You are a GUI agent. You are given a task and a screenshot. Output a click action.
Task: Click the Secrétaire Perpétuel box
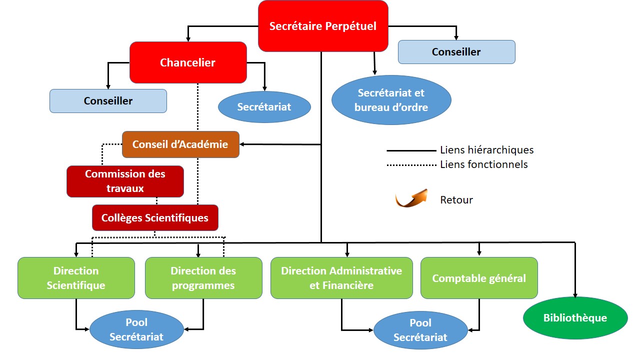[x=323, y=26]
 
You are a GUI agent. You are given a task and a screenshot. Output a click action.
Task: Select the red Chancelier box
[x=188, y=62]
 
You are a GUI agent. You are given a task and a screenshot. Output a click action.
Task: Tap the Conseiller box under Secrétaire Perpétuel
[x=456, y=52]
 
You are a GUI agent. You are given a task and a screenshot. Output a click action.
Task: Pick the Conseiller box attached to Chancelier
[x=108, y=101]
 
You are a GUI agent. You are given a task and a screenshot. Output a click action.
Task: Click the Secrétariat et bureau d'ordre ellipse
[x=391, y=100]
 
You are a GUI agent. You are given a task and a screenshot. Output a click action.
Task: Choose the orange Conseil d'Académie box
[x=180, y=144]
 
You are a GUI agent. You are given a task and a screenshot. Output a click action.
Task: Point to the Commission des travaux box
[x=125, y=181]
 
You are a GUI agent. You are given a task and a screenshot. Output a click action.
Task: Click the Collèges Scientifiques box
[x=155, y=217]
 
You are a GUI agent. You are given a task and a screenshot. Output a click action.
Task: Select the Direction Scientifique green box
[x=76, y=278]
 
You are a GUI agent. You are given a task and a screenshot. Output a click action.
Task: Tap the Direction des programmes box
[x=203, y=278]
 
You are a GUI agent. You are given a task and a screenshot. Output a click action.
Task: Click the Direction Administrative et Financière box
[x=341, y=278]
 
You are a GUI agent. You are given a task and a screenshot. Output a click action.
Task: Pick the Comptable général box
[x=479, y=278]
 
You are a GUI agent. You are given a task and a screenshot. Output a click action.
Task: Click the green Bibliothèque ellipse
[x=575, y=318]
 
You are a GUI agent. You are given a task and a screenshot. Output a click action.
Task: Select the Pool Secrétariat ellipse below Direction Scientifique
[x=136, y=329]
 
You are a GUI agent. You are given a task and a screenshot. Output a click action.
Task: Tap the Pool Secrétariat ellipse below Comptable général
[x=420, y=330]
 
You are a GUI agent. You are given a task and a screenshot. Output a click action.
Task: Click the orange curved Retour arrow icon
[x=411, y=198]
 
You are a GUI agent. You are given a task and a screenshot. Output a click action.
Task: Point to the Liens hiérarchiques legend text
[x=487, y=150]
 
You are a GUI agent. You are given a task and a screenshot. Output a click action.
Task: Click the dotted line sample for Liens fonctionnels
[x=411, y=165]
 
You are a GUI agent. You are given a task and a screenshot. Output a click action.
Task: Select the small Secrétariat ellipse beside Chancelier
[x=264, y=107]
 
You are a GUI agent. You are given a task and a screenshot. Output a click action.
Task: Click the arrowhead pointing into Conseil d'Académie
[x=241, y=144]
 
